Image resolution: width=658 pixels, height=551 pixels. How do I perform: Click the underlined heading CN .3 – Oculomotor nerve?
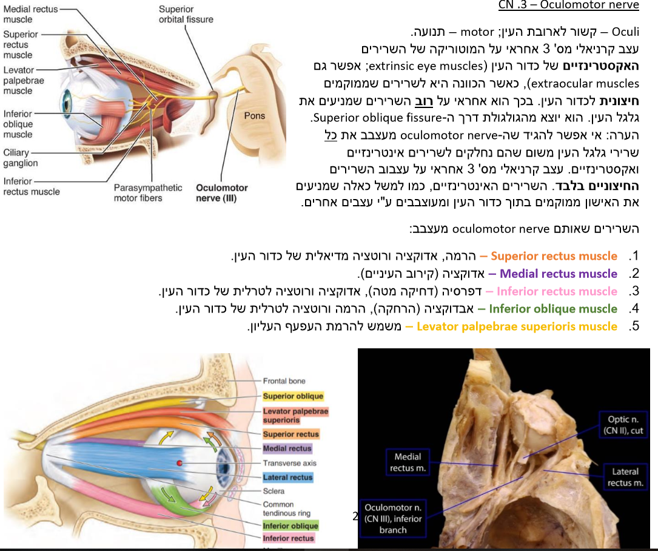coord(568,5)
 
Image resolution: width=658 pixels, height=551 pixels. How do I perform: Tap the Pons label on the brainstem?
coord(255,115)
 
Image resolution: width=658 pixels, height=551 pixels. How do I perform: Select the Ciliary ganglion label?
coord(21,158)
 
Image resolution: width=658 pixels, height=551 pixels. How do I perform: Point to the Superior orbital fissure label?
coord(186,14)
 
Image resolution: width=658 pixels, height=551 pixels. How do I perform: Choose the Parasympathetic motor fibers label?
coord(147,193)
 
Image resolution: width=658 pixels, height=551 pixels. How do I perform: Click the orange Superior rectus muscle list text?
coord(554,256)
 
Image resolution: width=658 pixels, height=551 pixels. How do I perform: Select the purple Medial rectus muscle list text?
coord(558,274)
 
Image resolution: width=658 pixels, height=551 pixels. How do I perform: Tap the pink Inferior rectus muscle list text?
coord(557,291)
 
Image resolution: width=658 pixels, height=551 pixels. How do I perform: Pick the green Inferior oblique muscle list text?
coord(552,309)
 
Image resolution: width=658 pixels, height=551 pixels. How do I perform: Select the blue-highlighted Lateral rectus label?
coord(287,478)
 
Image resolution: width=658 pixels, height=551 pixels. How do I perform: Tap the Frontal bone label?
coord(284,381)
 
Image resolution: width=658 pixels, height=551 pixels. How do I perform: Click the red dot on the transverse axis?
coord(179,464)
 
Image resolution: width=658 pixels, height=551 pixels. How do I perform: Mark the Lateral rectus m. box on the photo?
coord(625,476)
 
